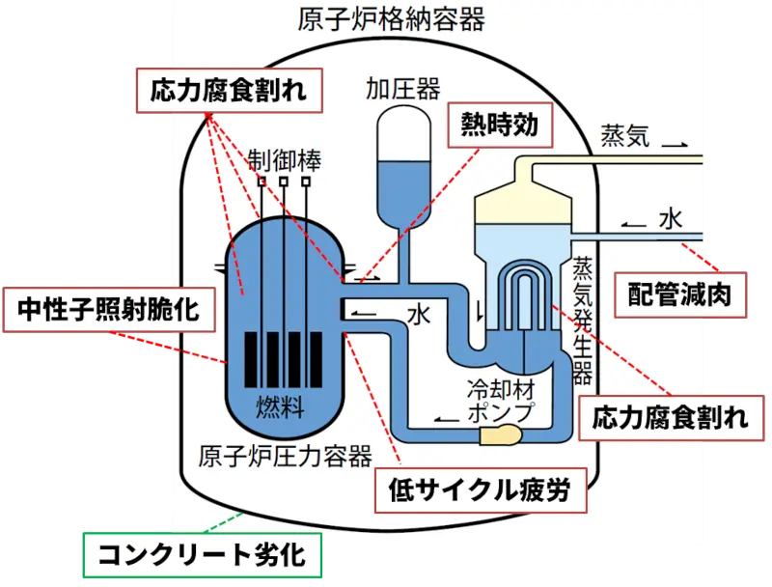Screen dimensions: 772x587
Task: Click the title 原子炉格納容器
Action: (x=392, y=19)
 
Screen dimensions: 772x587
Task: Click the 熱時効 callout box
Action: (x=500, y=126)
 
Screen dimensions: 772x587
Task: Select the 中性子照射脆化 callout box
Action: (x=109, y=310)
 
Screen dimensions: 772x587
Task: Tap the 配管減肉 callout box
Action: (x=680, y=295)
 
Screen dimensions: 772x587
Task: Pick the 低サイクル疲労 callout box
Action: (x=481, y=490)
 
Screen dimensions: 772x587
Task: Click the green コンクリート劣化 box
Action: (x=203, y=555)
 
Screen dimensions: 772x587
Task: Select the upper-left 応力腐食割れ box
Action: (x=229, y=91)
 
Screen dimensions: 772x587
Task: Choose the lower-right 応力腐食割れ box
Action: (x=671, y=418)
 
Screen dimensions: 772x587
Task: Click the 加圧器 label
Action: (x=403, y=90)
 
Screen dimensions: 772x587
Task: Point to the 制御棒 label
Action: (x=284, y=160)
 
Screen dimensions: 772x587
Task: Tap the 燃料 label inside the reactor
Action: (x=280, y=407)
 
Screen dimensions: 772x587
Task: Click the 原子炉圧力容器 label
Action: (x=286, y=456)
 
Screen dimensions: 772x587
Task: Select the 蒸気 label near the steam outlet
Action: (x=625, y=135)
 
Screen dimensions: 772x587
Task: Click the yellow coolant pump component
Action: (x=501, y=434)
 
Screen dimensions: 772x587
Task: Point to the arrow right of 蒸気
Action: (x=675, y=145)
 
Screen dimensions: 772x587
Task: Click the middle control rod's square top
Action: (x=284, y=182)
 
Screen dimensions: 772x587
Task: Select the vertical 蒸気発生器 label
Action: (x=583, y=321)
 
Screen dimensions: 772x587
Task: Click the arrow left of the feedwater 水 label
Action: (x=634, y=225)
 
